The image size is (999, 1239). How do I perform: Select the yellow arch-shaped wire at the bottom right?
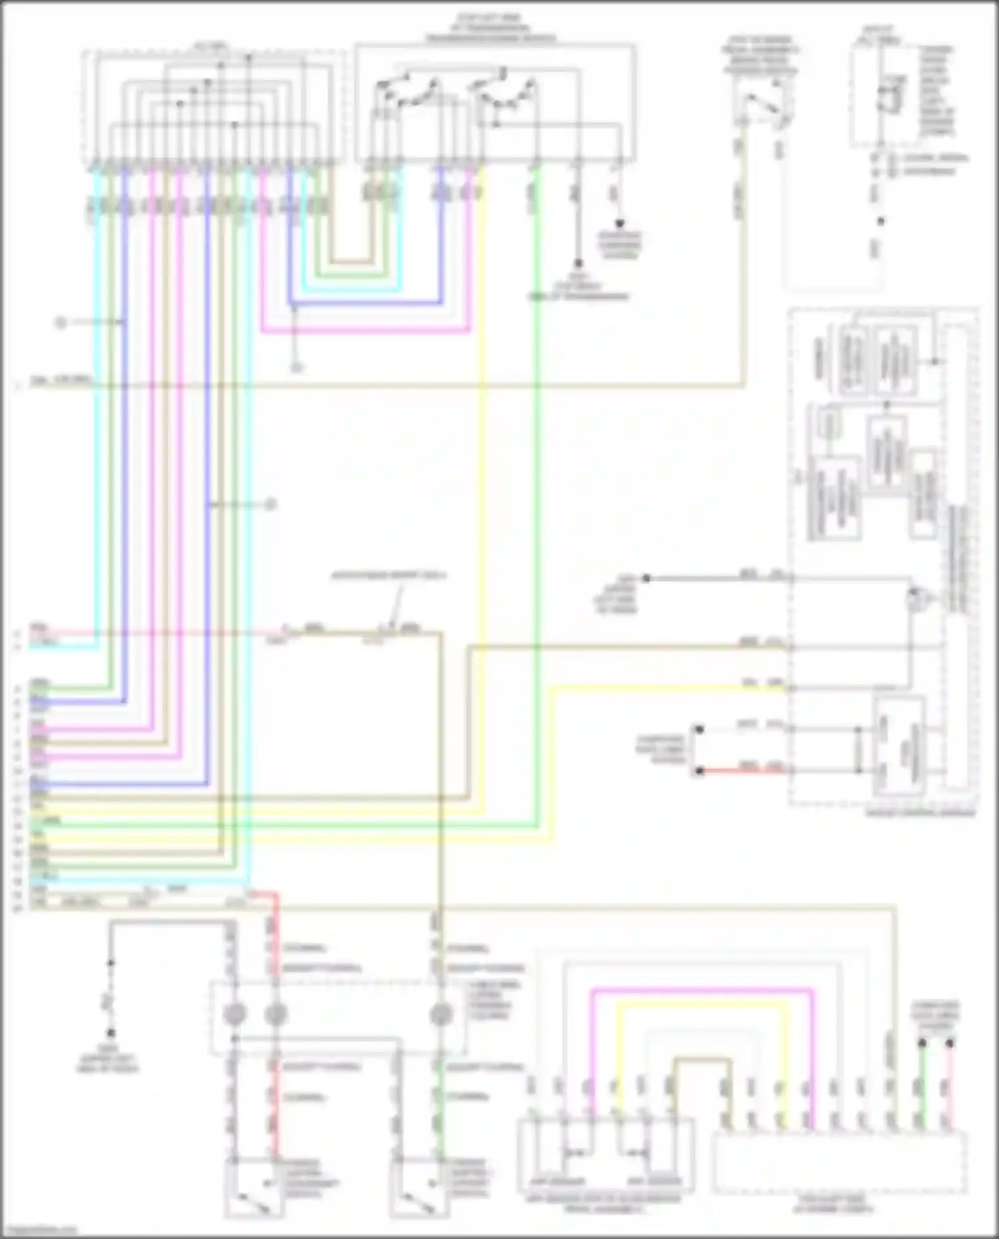point(699,1005)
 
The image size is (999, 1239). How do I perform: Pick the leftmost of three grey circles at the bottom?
point(234,1015)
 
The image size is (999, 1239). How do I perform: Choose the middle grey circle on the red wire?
point(275,1015)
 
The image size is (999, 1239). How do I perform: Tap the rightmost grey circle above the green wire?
point(440,1015)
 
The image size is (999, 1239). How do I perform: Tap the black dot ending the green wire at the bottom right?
point(922,1043)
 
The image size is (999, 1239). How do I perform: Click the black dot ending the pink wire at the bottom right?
point(950,1043)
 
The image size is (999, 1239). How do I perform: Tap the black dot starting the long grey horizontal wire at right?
point(645,578)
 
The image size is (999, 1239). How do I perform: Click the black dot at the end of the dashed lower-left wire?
point(111,1033)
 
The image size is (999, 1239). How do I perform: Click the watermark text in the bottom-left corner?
point(39,1230)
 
